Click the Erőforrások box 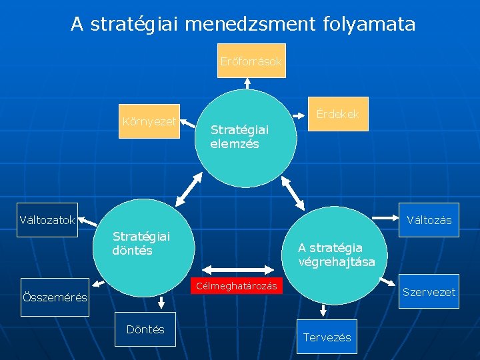(251, 61)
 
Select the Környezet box (150, 121)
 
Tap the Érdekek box (337, 114)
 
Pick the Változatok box (48, 220)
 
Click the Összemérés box (55, 297)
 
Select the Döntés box (145, 329)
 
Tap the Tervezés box (327, 337)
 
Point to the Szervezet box (429, 292)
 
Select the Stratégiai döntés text (141, 243)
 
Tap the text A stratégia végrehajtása (337, 255)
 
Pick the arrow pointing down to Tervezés (324, 309)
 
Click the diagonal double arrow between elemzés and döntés (189, 188)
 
